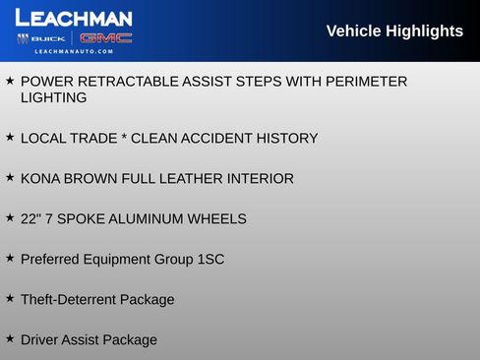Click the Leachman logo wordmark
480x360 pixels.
(x=74, y=18)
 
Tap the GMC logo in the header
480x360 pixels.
(x=105, y=38)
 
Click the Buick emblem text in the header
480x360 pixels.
(x=48, y=38)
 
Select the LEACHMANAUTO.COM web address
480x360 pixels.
(x=74, y=51)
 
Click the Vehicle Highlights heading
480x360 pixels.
(x=394, y=31)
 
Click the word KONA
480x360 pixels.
(x=40, y=179)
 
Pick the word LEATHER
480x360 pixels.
(x=195, y=179)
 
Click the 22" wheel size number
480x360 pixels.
(x=30, y=218)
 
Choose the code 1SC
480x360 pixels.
(x=210, y=259)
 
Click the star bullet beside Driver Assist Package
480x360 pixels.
(x=10, y=338)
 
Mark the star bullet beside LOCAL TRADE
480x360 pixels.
(x=10, y=138)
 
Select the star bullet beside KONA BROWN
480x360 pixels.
(x=10, y=178)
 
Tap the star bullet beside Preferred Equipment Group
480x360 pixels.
(x=10, y=258)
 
